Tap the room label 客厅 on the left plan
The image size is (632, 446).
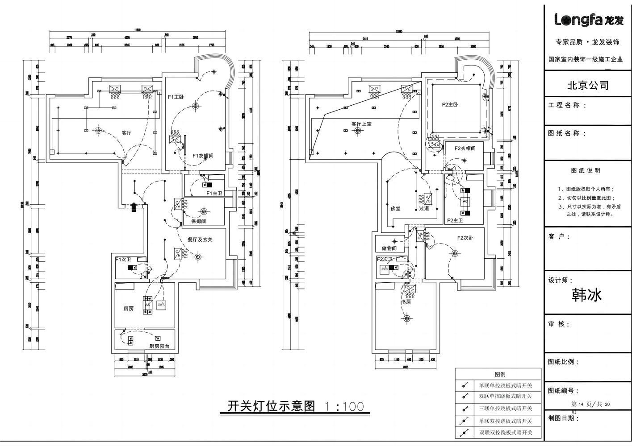[127, 133]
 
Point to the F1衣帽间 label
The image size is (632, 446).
[203, 156]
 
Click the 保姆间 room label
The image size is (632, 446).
[198, 221]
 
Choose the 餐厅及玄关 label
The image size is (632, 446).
[200, 240]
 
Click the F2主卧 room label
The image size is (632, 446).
[450, 105]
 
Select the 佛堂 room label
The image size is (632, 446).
[395, 208]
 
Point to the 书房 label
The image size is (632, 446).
[406, 302]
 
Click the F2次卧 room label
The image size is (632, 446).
[465, 238]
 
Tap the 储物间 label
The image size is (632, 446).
[389, 248]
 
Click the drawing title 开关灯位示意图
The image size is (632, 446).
[271, 406]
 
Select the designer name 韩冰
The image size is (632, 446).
[587, 295]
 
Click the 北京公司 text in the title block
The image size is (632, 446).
[588, 85]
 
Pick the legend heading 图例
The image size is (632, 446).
[500, 374]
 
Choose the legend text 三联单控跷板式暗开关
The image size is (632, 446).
[505, 408]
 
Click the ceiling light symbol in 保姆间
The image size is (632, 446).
[204, 211]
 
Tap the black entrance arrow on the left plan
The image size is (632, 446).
[133, 207]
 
